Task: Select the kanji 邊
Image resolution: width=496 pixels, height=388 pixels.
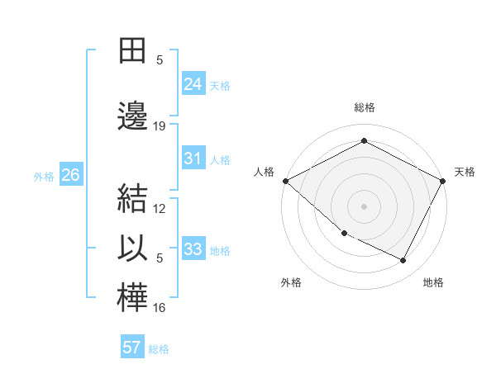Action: pos(133,116)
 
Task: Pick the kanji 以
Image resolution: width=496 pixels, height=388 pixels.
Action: pos(133,248)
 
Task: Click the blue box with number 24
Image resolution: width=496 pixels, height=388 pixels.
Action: pos(193,83)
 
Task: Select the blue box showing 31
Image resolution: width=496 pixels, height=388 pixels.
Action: pos(193,159)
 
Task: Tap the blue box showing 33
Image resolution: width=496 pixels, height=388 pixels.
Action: pos(193,249)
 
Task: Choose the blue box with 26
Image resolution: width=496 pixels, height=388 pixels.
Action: pos(70,175)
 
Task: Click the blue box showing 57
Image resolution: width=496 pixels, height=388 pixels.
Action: pos(132,347)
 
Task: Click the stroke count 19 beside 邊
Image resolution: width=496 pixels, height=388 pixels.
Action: pos(160,126)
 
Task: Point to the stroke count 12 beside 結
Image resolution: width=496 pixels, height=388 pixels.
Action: pos(160,208)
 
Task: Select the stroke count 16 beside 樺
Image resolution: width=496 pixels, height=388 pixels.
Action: pos(160,308)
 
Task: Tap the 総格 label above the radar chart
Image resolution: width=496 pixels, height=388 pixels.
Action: pos(364,107)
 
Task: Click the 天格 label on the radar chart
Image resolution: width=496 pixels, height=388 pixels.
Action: pos(465,172)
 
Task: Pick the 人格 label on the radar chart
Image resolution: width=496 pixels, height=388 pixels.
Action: pos(264,172)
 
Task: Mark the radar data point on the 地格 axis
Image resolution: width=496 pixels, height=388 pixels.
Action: pos(403,261)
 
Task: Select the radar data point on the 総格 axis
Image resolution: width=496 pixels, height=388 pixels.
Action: pos(364,140)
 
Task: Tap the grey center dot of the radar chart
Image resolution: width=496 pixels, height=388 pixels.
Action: pos(364,206)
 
